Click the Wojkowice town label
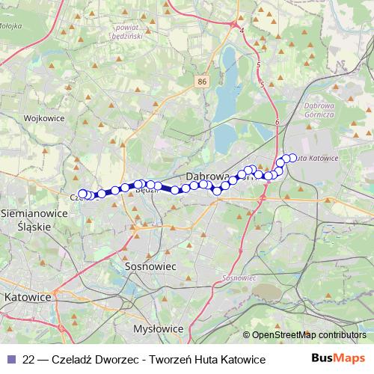click(x=42, y=118)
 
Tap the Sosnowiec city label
click(x=150, y=266)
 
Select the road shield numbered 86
click(x=203, y=79)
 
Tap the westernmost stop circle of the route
click(x=82, y=194)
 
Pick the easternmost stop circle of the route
click(x=292, y=158)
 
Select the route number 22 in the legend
click(x=30, y=360)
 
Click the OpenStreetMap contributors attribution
click(x=308, y=335)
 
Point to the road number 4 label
click(x=242, y=31)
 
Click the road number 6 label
click(x=277, y=122)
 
